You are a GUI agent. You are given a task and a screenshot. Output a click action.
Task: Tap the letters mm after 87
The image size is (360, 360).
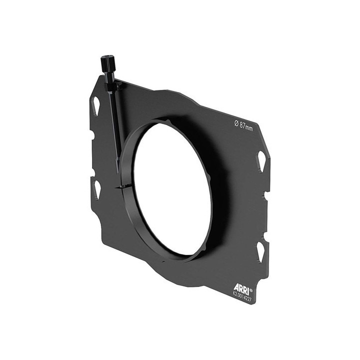click(x=249, y=127)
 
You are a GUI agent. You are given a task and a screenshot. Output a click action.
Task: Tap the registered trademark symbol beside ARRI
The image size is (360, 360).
click(x=251, y=289)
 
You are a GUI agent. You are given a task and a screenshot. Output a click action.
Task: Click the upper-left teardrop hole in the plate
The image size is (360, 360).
click(x=95, y=105)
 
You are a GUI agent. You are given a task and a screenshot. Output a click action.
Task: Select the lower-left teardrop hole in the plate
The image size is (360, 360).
click(x=96, y=189)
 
